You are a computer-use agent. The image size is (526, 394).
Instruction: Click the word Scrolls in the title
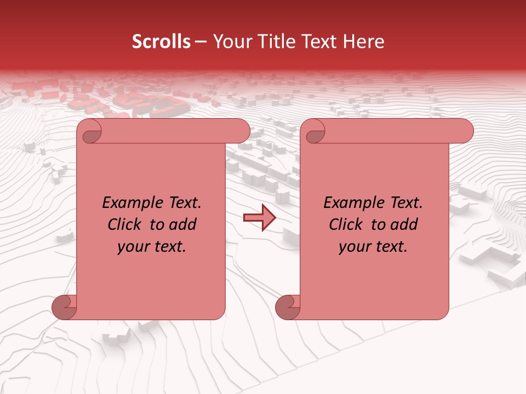pos(161,42)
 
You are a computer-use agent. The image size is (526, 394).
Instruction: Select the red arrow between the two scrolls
pos(259,218)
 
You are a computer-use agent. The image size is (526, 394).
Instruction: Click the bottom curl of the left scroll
pos(64,307)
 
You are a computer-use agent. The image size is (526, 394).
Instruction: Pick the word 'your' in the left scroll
pos(132,247)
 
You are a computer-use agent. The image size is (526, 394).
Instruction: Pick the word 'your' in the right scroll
pos(353,247)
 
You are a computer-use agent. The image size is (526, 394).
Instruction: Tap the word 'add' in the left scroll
pos(184,224)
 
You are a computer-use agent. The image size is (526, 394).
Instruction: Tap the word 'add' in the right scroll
pos(405,224)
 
